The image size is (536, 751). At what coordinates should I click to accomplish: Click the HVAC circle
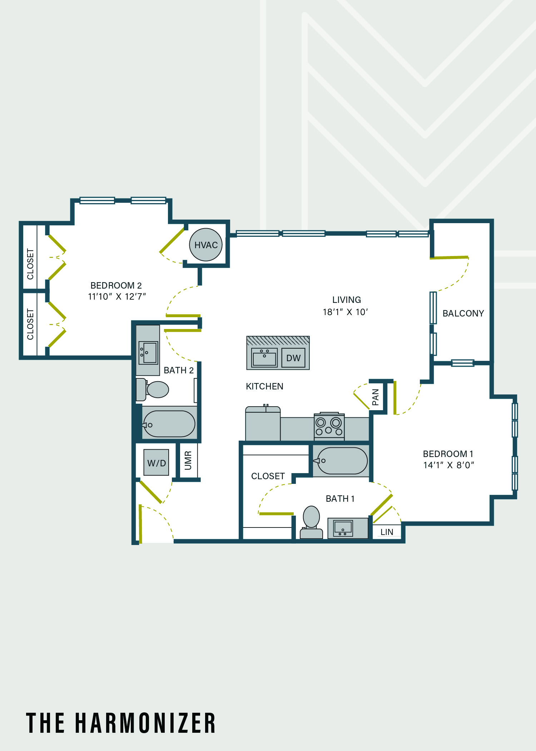coord(206,245)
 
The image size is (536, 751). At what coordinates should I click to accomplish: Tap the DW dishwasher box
coord(293,358)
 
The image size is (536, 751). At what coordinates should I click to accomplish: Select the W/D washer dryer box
coord(156,462)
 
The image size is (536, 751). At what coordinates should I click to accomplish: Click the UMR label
coord(188,461)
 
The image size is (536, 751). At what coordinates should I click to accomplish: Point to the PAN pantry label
coord(376,397)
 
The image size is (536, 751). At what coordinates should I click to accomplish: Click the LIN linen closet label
coord(387,532)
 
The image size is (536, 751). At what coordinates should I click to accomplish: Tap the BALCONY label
coord(463,313)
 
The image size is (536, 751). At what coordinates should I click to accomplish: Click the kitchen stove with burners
coord(329,426)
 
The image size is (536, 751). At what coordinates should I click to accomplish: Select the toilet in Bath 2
coord(153,389)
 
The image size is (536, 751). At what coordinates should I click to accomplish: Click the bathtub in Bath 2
coord(169,424)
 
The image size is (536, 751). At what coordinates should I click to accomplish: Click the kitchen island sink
coord(264,358)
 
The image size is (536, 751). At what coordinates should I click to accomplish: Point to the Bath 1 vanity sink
coord(343,528)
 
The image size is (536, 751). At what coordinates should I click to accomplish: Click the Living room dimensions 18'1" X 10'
coord(345,312)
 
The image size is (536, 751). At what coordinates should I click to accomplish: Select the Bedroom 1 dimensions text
coord(448,465)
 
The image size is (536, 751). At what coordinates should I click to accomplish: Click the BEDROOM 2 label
coord(116,285)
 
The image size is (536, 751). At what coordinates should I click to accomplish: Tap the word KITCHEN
coord(264,386)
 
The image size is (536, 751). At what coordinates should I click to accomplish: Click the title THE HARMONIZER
coord(121,723)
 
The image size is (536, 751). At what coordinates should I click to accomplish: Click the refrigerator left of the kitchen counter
coord(263,423)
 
